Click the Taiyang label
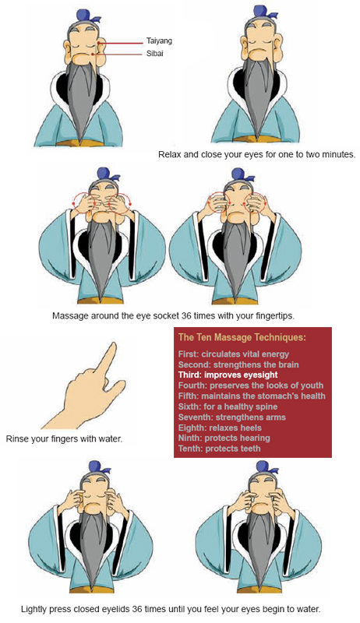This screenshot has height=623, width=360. (x=159, y=41)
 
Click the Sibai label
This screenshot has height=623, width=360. (x=154, y=53)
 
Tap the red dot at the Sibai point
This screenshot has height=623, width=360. (x=92, y=54)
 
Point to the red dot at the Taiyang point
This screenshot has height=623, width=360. (x=99, y=42)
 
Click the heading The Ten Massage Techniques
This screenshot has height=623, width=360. (x=242, y=337)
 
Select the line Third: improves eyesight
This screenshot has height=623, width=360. (x=228, y=375)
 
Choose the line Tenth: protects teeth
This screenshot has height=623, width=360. (x=219, y=449)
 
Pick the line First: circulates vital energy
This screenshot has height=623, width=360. (x=234, y=354)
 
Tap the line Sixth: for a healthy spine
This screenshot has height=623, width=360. (x=228, y=407)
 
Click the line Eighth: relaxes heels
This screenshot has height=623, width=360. (x=220, y=428)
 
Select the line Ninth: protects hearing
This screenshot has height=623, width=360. (x=224, y=438)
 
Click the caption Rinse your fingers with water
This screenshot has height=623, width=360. (x=64, y=439)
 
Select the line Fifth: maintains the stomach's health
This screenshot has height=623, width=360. (x=252, y=396)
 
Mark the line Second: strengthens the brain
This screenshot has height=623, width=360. (x=238, y=364)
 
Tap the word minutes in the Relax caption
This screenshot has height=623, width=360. (x=337, y=154)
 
